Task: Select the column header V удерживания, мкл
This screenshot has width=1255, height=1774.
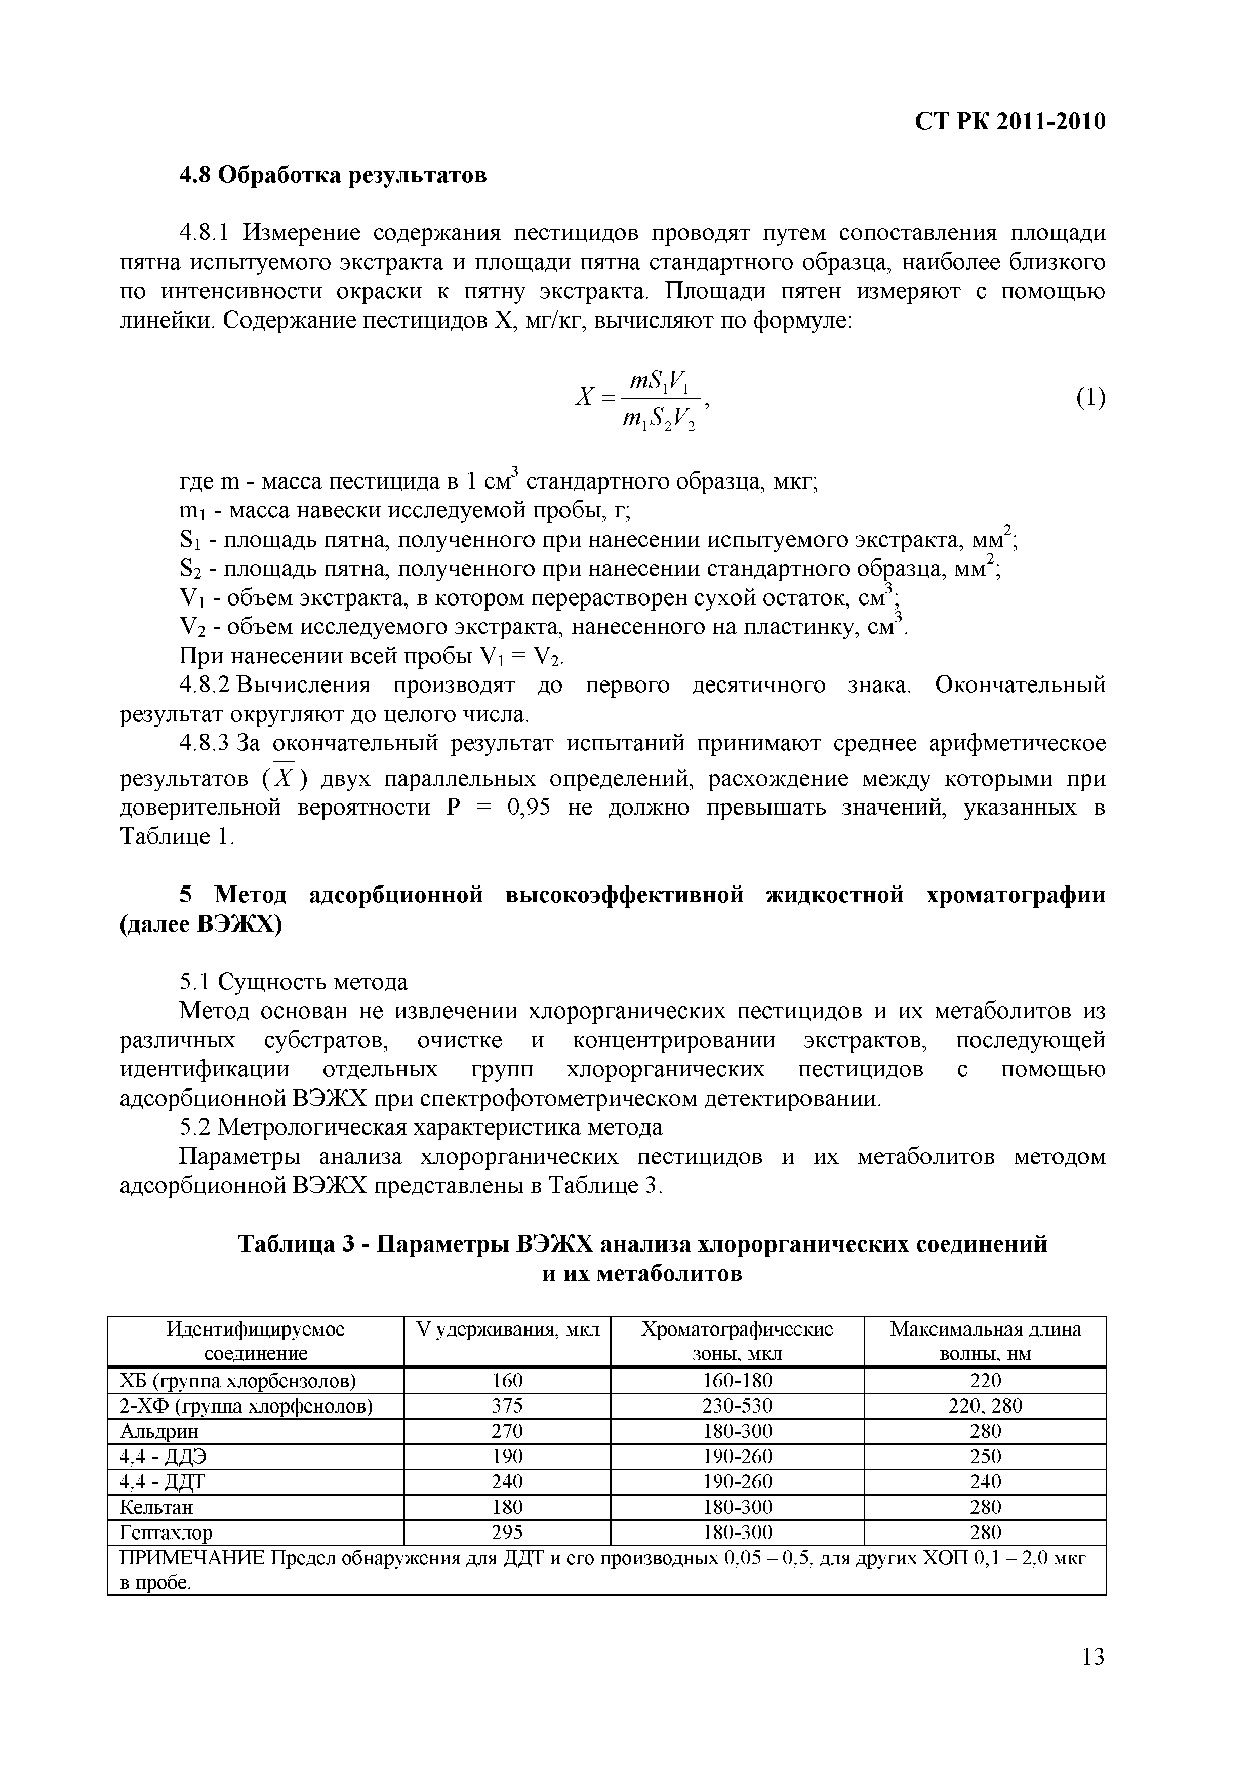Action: coord(507,1329)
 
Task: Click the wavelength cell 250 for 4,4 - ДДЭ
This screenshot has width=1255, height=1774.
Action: coord(985,1457)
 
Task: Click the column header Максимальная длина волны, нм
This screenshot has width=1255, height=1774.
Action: coord(985,1341)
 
